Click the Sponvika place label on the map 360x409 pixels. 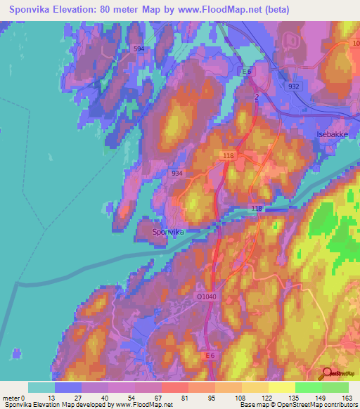point(169,231)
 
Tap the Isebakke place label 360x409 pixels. point(331,134)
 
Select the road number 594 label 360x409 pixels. point(139,48)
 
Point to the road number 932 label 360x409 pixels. point(293,86)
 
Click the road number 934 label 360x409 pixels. point(177,173)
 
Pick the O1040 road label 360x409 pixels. point(206,297)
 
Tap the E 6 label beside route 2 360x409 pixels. point(247,72)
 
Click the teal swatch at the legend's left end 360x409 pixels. point(41,387)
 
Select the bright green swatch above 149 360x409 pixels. point(308,387)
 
